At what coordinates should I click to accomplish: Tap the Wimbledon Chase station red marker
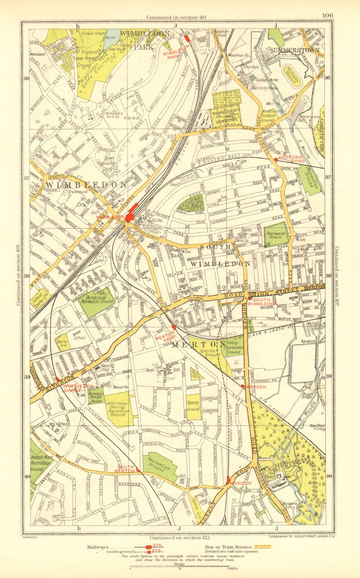(58, 379)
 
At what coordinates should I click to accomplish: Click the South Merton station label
(125, 469)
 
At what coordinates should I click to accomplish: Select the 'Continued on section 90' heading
(176, 17)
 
